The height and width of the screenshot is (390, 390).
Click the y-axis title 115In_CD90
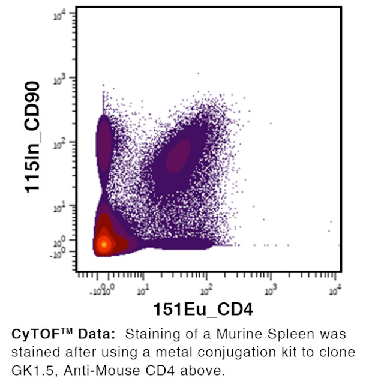coord(33,136)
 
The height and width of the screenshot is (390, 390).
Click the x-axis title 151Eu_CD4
coord(203,310)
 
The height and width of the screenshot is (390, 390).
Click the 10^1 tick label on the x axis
coord(143,291)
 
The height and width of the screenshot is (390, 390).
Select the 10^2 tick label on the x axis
coord(206,291)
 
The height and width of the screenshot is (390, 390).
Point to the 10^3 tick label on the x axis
coord(271,291)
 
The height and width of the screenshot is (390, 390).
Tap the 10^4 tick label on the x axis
coord(335,291)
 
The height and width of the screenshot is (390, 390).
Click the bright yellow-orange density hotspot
coord(104,244)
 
